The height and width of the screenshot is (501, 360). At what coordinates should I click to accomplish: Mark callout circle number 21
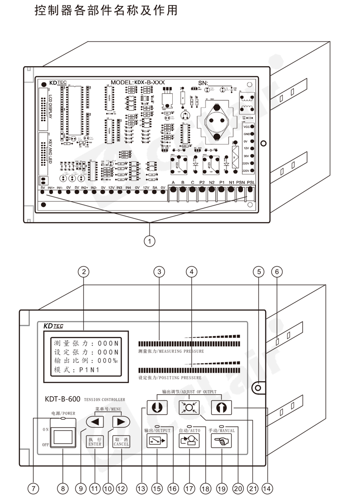pyautogui.click(x=252, y=488)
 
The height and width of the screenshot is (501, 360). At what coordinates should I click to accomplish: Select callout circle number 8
pyautogui.click(x=63, y=488)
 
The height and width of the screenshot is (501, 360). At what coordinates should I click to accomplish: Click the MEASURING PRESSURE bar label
pyautogui.click(x=171, y=352)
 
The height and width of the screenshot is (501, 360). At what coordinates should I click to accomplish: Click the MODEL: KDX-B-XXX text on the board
pyautogui.click(x=138, y=83)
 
